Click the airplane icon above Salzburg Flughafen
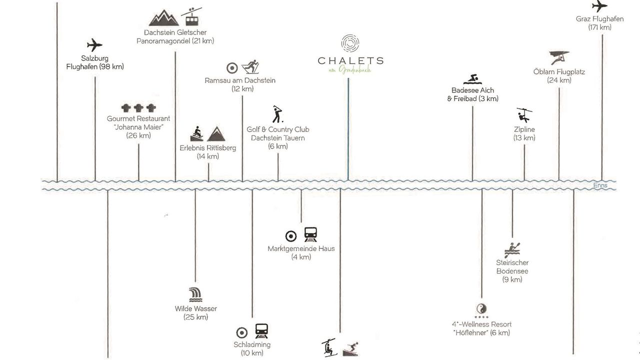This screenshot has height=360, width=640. (x=94, y=45)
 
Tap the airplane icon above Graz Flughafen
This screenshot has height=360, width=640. (x=599, y=7)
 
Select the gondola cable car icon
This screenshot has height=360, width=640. (x=191, y=17)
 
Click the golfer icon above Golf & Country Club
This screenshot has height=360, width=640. (x=277, y=114)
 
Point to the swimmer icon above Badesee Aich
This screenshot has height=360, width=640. (x=472, y=79)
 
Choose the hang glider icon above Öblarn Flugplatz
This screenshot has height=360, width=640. (x=559, y=57)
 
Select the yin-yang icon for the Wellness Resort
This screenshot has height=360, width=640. (x=481, y=308)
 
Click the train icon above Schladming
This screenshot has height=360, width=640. (x=261, y=331)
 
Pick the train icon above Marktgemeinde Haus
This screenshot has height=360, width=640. (x=310, y=235)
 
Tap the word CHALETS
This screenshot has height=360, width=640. (x=350, y=61)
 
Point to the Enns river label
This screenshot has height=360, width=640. (x=600, y=185)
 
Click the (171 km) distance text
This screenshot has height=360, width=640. (x=600, y=27)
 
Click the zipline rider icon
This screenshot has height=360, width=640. (x=524, y=115)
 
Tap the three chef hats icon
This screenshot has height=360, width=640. (x=138, y=107)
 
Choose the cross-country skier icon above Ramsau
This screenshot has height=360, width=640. (x=249, y=67)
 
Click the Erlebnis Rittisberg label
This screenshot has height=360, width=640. (x=208, y=148)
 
